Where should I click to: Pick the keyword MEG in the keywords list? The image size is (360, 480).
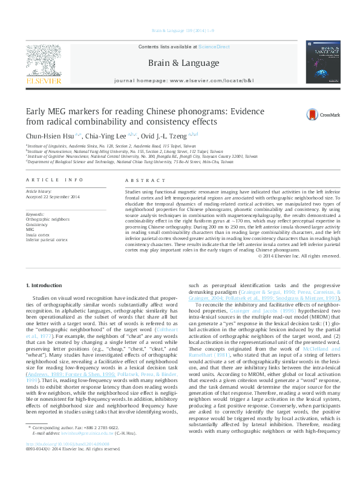[x=30, y=229]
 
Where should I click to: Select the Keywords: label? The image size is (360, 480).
[x=35, y=215]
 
